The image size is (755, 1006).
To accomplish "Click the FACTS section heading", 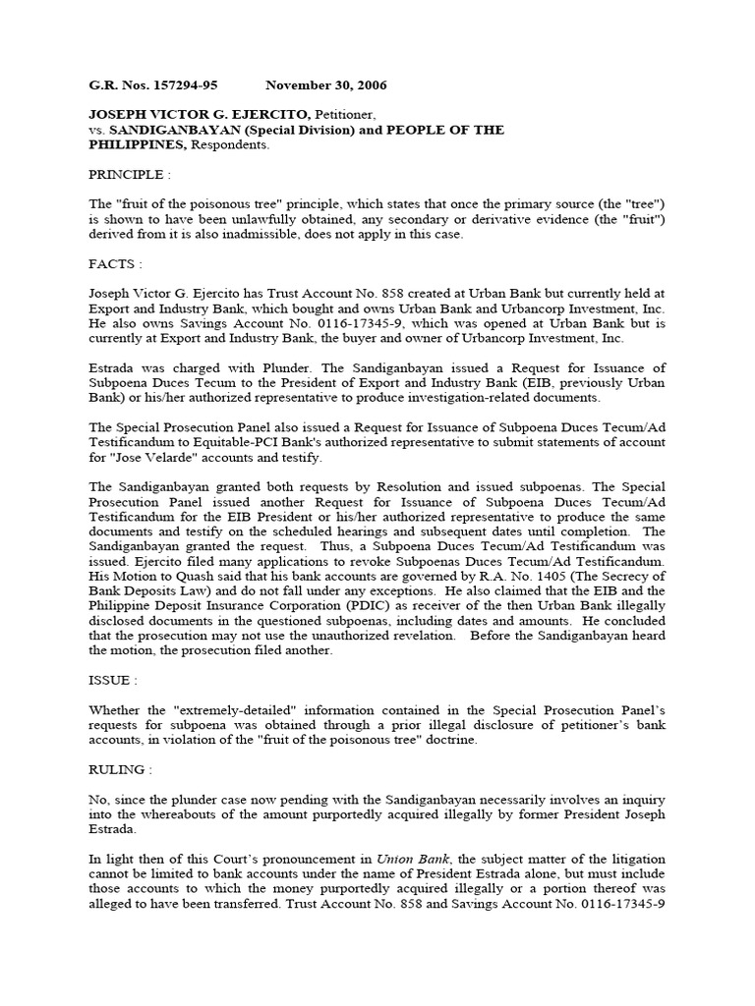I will [116, 264].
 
